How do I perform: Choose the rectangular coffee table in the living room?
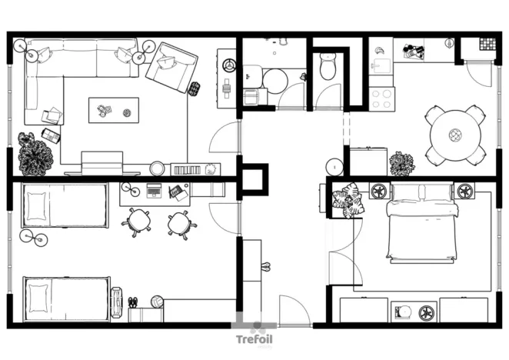(114, 109)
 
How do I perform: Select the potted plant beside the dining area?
(401, 164)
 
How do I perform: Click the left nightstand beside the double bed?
(378, 190)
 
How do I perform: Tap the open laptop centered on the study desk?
(155, 191)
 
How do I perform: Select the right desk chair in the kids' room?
(181, 223)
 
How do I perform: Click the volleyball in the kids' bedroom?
(157, 302)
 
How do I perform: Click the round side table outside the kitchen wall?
(335, 166)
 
